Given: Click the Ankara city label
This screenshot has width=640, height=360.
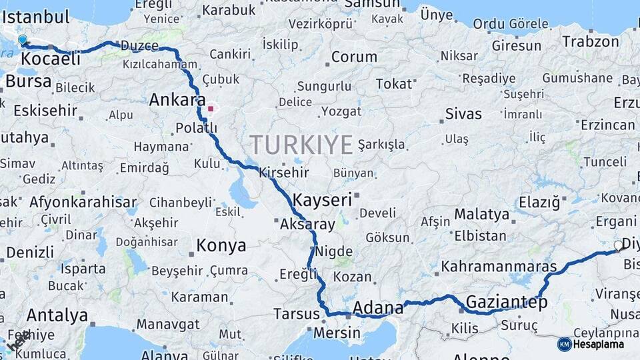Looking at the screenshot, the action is pos(177,101).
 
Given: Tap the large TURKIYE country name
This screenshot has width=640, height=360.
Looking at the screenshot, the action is pos(301,144).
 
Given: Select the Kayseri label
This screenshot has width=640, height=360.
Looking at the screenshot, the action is pos(322,199).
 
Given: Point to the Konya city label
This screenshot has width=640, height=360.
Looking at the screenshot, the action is pos(221,246).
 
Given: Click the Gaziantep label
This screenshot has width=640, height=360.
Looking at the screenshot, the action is pos(507,302).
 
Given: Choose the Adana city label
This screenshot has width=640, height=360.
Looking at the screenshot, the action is pos(377,308).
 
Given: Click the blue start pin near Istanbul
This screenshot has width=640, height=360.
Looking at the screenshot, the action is pos(23,41).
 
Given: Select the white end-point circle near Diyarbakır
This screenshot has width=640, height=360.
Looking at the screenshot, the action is pos(618,246).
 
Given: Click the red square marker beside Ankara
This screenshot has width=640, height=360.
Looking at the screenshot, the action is pos(211,108).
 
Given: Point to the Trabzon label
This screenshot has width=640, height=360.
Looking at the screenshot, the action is pos(591,41).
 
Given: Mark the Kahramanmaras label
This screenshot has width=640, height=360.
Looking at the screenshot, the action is pos(499,267).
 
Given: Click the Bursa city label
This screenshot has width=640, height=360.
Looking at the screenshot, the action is pos(28,81).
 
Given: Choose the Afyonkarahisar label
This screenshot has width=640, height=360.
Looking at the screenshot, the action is pos(83,202).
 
